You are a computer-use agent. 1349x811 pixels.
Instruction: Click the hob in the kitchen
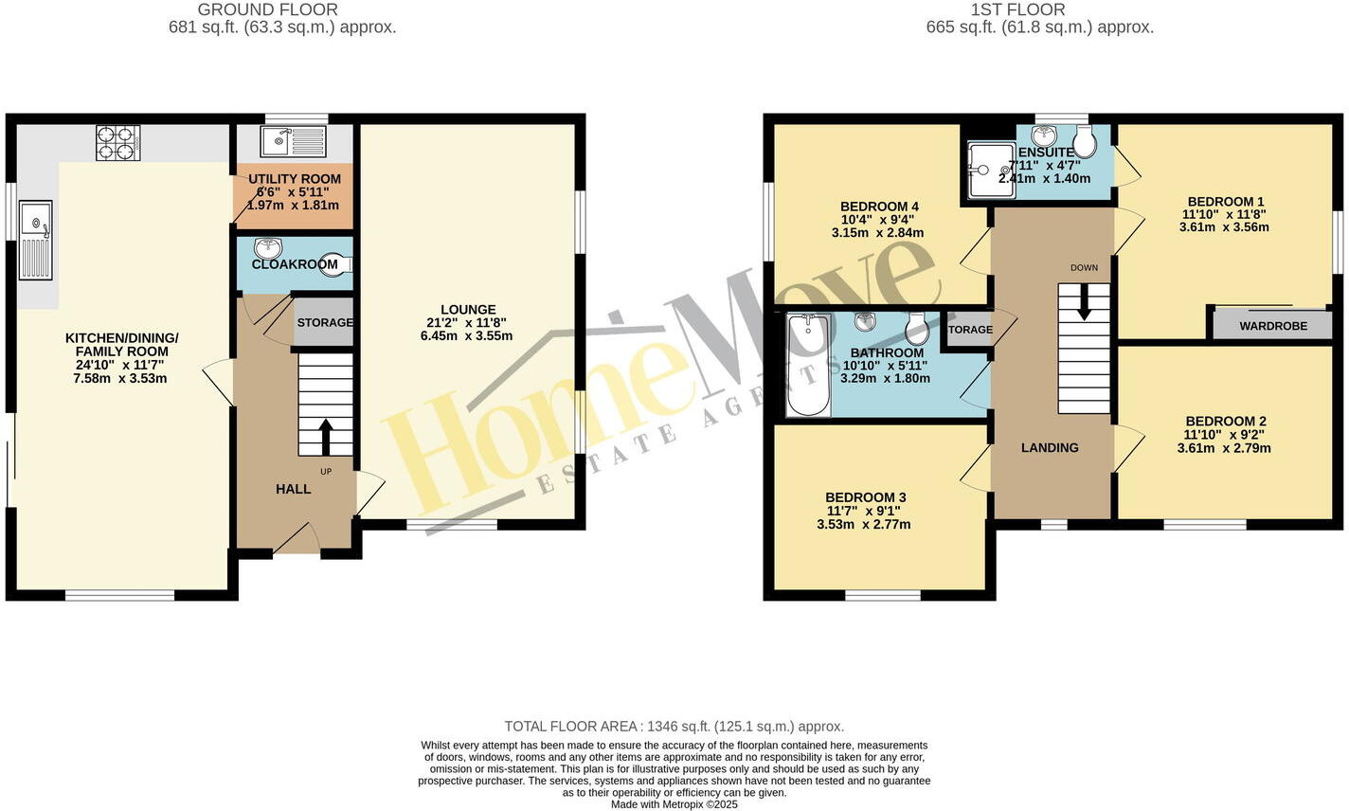[x=117, y=142]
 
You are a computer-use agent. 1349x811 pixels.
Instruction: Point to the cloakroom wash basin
[x=268, y=248]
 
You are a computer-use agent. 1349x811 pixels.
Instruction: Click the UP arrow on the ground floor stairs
[x=325, y=437]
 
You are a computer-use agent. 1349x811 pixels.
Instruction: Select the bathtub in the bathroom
[x=807, y=366]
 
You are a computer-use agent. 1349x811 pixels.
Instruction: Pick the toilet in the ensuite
[x=1085, y=143]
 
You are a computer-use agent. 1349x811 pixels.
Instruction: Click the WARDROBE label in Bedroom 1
[x=1272, y=326]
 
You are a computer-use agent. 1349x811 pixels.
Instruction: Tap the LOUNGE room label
[x=467, y=310]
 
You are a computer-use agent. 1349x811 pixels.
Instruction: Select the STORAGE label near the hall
[x=325, y=323]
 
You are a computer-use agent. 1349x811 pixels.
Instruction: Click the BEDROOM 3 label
[x=865, y=497]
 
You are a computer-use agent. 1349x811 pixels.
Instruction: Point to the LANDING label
[x=1049, y=447]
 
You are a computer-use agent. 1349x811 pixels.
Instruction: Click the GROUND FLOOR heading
[x=281, y=9]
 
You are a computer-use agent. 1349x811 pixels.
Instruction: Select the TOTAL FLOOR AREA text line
[x=674, y=727]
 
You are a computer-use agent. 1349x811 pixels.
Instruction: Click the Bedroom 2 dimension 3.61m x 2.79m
[x=1224, y=448]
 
